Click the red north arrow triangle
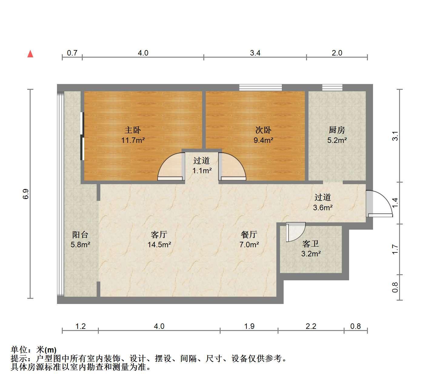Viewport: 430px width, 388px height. click(30, 54)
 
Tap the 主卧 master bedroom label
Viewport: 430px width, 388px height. click(133, 130)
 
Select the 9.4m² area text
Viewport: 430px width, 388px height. click(263, 140)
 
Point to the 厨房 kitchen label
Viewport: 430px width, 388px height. click(337, 130)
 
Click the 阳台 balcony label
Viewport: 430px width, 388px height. click(80, 234)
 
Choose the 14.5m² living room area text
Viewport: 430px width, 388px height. click(159, 245)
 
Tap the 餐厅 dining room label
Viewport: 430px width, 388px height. click(249, 234)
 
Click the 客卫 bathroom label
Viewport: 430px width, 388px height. click(311, 244)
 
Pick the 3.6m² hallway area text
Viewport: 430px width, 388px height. click(323, 207)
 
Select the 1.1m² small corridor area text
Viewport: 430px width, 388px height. click(202, 170)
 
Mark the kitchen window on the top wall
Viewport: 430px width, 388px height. click(332, 87)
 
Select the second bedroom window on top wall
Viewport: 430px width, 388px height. click(261, 87)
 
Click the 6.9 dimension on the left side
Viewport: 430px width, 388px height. click(25, 194)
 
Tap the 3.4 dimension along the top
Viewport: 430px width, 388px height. click(255, 53)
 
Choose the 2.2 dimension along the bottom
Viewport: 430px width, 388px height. click(311, 326)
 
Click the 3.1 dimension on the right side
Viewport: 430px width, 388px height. click(395, 136)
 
